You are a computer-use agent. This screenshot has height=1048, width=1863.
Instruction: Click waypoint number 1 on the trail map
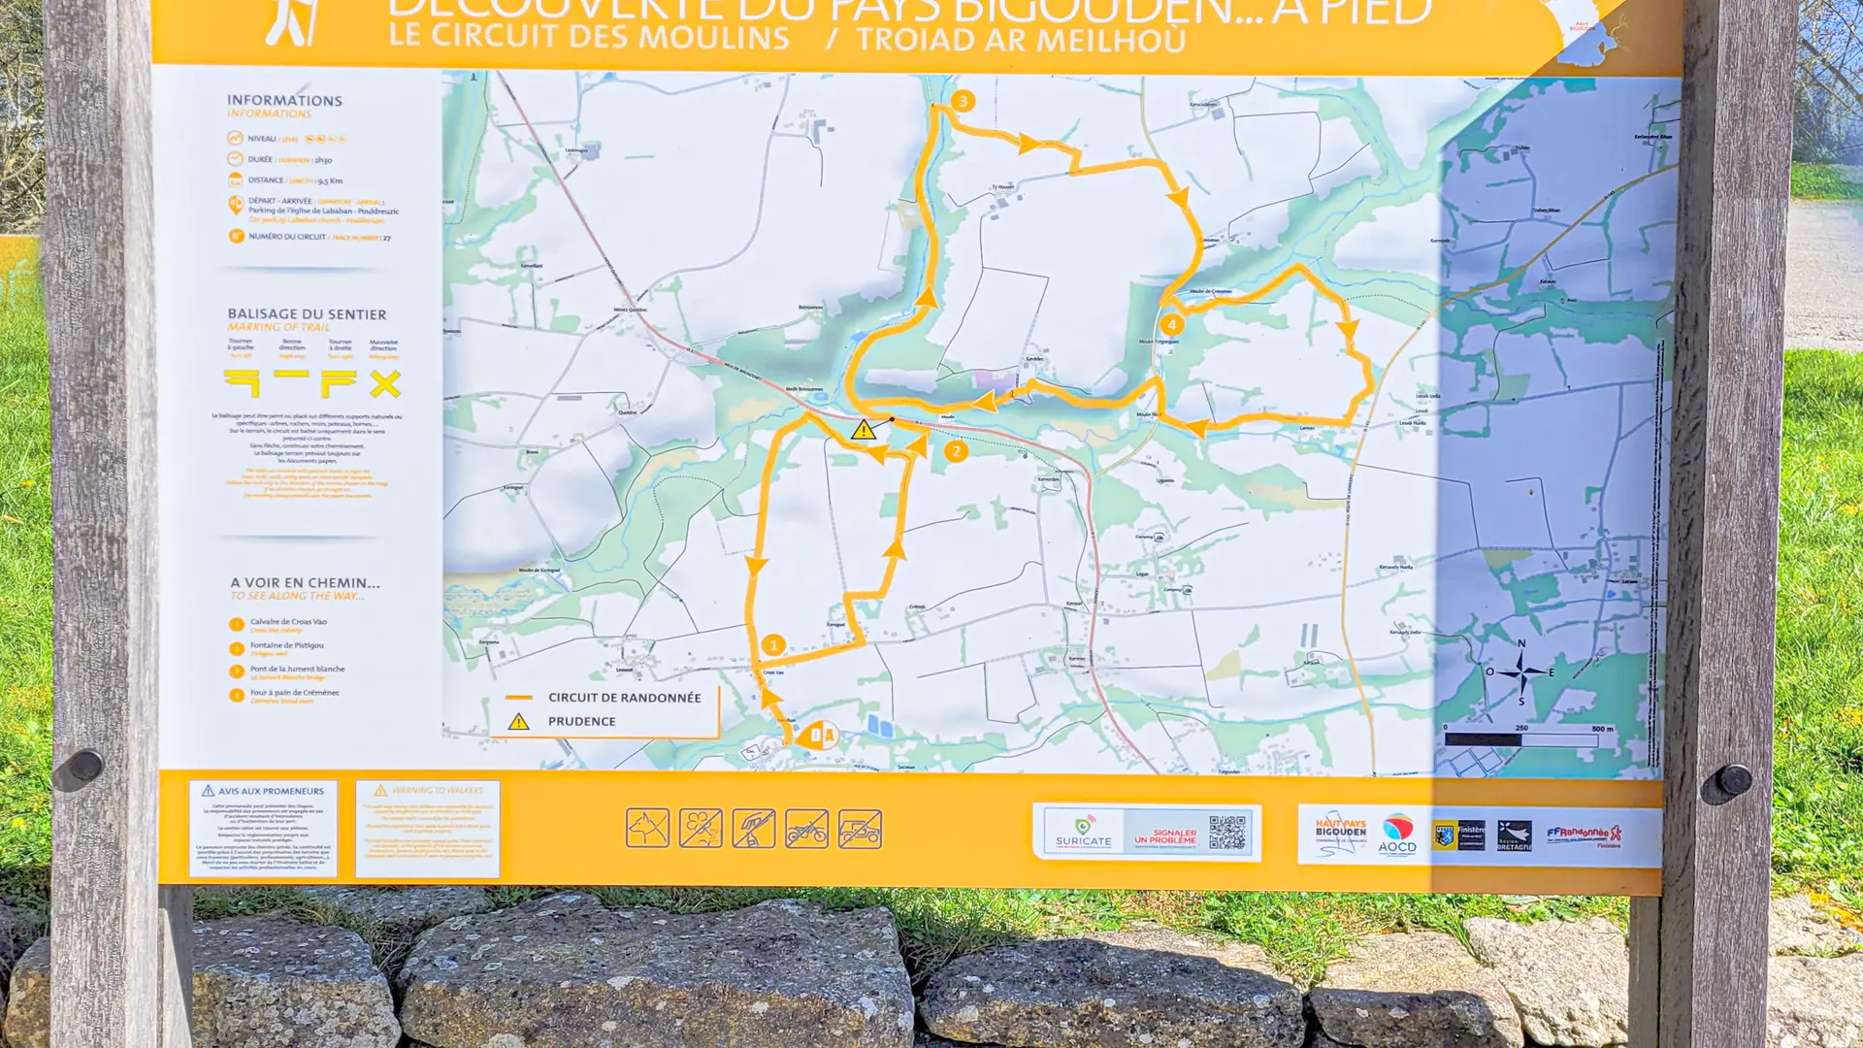(x=773, y=644)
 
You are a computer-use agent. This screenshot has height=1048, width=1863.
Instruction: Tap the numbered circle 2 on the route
(x=956, y=451)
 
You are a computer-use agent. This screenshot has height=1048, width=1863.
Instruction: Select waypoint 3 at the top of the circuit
(x=963, y=101)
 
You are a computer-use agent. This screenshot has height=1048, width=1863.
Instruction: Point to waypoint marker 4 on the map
(x=1171, y=325)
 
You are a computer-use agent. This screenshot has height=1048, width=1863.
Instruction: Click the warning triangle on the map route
(x=863, y=430)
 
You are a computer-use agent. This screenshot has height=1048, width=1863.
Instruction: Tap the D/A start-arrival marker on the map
(x=819, y=735)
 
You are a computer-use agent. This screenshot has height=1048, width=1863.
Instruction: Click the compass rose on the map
(x=1520, y=671)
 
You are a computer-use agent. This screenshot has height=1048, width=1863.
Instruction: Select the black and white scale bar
(x=1520, y=739)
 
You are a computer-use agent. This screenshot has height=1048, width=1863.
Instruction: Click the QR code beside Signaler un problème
(x=1227, y=833)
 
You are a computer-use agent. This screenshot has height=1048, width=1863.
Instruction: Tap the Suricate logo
(x=1083, y=832)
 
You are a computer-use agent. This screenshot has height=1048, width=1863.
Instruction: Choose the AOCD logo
(x=1397, y=834)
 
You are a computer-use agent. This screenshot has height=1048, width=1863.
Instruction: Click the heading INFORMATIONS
(x=284, y=101)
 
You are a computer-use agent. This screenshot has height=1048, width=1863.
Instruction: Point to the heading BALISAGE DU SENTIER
(x=307, y=314)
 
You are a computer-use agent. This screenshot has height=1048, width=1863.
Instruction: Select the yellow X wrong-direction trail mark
(x=385, y=384)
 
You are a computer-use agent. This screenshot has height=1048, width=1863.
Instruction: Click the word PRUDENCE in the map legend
(x=581, y=721)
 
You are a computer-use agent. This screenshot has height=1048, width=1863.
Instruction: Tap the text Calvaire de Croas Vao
(x=288, y=622)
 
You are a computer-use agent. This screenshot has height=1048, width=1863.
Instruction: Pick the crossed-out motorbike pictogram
(x=806, y=830)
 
